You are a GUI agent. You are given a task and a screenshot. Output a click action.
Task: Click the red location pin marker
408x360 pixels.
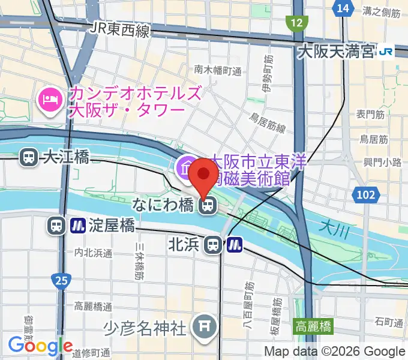click(204, 175)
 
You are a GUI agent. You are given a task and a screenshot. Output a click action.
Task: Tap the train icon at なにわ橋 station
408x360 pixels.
click(207, 206)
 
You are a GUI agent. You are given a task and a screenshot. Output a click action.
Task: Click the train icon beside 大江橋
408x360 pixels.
click(28, 157)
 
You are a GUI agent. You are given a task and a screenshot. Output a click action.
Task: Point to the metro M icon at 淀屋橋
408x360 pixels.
click(77, 226)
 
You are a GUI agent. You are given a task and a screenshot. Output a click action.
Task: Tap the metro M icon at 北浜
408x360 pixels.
click(235, 244)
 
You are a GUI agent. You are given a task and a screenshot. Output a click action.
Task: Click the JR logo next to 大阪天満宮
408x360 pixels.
click(386, 52)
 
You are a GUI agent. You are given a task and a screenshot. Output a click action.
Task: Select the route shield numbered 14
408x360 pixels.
click(343, 8)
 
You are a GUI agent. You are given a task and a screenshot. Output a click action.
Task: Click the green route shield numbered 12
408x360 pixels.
click(295, 23)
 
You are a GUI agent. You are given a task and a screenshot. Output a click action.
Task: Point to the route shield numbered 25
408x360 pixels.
click(62, 279)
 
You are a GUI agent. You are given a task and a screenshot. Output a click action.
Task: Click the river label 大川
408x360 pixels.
click(331, 226)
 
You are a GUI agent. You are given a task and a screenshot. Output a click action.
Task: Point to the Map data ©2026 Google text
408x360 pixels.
click(335, 352)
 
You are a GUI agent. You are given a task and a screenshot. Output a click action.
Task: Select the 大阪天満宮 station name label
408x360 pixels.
click(335, 52)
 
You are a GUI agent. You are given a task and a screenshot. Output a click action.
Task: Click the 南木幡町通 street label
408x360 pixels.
click(218, 70)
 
